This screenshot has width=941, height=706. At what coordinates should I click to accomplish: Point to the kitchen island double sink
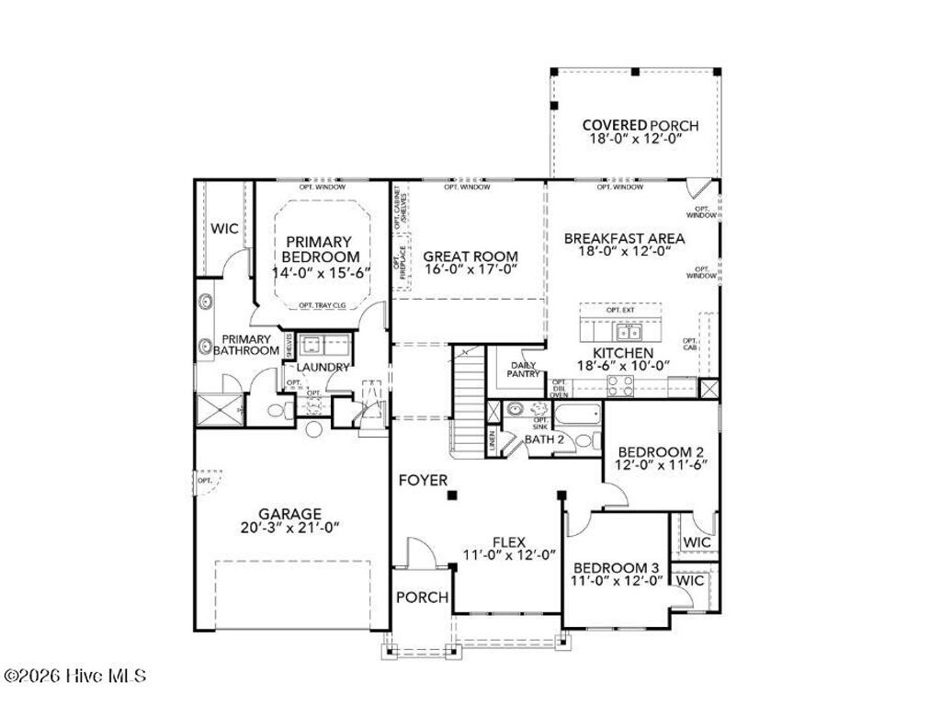point(629,332)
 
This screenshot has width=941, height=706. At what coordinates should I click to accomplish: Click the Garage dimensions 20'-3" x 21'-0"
point(289,528)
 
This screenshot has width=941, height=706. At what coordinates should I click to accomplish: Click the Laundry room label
point(322,368)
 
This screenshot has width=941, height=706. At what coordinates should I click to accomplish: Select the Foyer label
point(423,480)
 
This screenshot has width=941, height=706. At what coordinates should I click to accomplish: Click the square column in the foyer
point(452,496)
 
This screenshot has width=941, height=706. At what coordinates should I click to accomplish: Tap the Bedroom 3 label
point(616,567)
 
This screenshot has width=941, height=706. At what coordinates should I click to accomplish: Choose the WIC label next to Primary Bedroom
point(224,227)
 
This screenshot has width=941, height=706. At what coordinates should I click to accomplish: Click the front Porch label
point(422,598)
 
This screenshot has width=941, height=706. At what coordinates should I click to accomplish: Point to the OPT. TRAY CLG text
point(321,305)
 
